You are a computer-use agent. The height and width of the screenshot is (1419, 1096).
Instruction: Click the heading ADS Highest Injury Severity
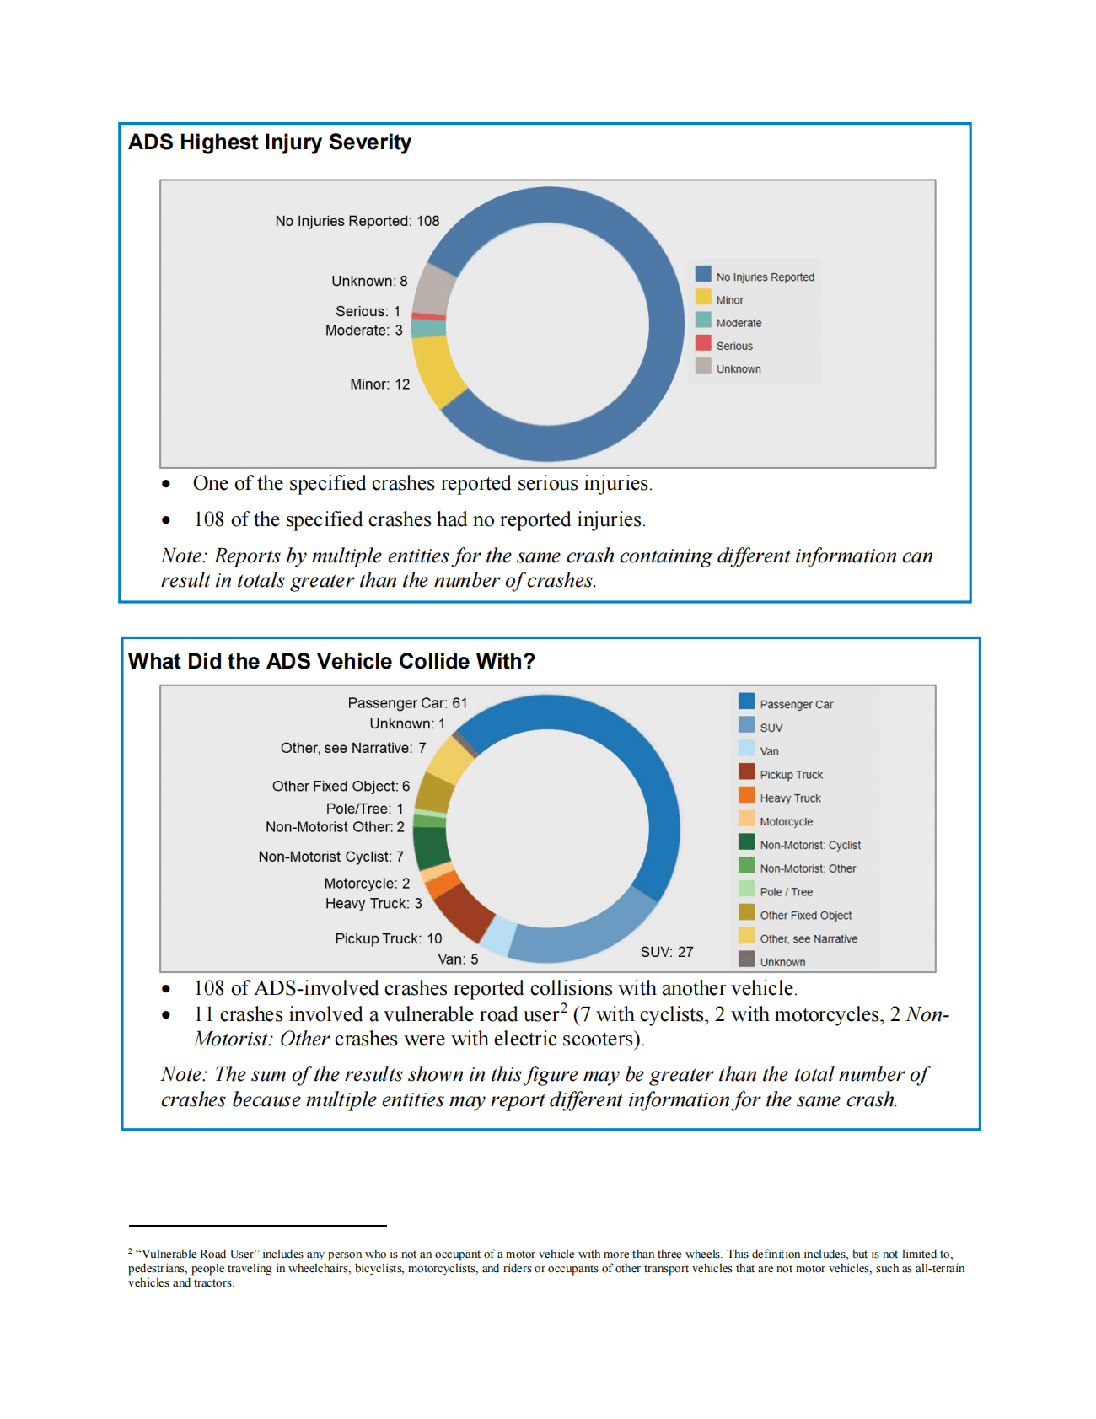click(269, 142)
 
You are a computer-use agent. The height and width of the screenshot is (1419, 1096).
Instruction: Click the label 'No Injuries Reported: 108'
click(357, 221)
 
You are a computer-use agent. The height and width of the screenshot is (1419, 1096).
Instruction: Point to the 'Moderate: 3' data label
click(363, 331)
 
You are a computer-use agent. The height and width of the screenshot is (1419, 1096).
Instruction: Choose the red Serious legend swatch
click(703, 343)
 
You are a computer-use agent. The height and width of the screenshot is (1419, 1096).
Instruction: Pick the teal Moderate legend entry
click(728, 323)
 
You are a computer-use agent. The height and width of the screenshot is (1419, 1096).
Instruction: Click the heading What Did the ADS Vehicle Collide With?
click(331, 662)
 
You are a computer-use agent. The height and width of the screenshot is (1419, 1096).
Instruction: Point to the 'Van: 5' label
click(458, 959)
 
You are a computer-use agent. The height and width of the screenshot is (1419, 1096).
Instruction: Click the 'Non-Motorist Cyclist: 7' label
click(330, 857)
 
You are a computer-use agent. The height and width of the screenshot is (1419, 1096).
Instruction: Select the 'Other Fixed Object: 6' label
click(341, 787)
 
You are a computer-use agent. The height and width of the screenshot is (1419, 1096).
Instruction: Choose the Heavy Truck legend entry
click(780, 798)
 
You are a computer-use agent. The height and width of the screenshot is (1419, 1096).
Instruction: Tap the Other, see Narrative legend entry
click(798, 938)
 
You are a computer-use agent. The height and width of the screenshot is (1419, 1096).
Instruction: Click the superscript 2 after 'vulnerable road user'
click(563, 1008)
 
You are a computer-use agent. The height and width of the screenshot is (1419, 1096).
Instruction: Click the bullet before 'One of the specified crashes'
click(166, 484)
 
